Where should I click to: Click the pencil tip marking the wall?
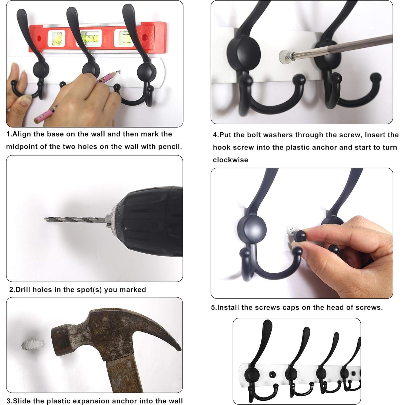click(x=118, y=72)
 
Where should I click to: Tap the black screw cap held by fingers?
click(x=300, y=235)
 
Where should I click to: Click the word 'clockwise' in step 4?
click(x=230, y=160)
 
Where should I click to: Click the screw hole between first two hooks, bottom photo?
click(x=273, y=374)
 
